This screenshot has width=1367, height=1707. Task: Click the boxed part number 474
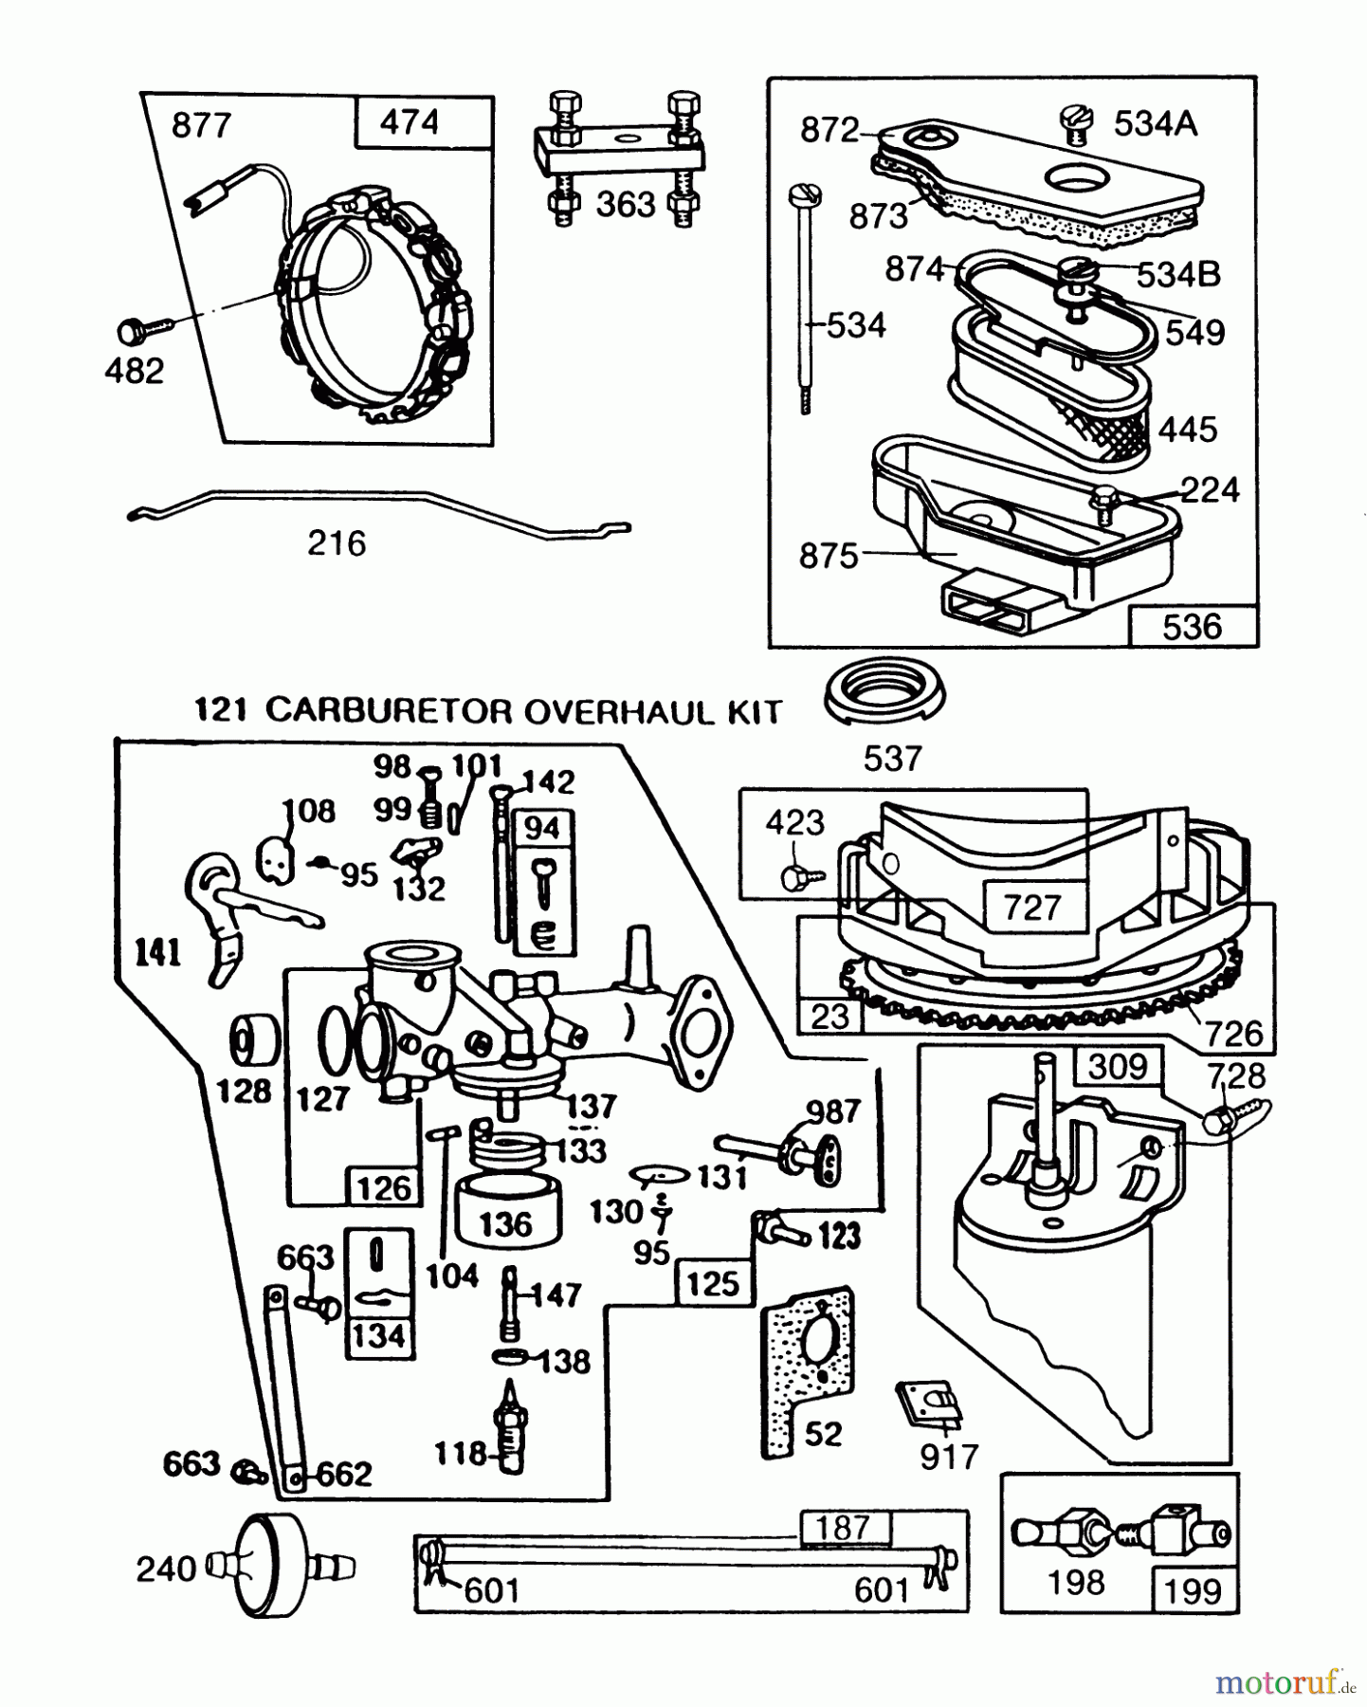click(410, 122)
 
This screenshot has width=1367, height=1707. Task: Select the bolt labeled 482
click(142, 330)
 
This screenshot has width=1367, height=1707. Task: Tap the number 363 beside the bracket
click(626, 204)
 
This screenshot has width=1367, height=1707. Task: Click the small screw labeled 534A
click(1074, 124)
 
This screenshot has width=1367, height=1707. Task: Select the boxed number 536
click(1192, 627)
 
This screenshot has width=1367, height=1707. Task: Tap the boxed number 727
click(1031, 907)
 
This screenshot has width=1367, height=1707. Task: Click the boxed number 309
click(1118, 1067)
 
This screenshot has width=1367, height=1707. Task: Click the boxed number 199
click(1193, 1590)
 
